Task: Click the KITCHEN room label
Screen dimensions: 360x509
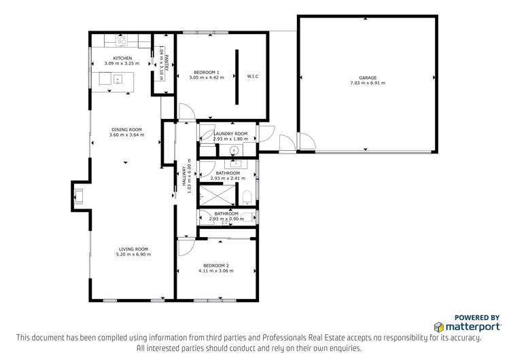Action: pyautogui.click(x=122, y=58)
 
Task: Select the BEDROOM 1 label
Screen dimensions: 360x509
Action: pyautogui.click(x=207, y=72)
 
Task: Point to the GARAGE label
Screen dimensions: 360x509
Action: pyautogui.click(x=367, y=78)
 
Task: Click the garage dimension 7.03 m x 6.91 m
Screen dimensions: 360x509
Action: pyautogui.click(x=367, y=84)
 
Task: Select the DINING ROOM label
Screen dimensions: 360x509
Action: pyautogui.click(x=126, y=129)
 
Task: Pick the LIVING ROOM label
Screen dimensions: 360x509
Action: pyautogui.click(x=133, y=249)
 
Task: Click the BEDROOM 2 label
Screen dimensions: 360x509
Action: pyautogui.click(x=215, y=265)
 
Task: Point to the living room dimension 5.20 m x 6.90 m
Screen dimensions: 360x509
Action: pyautogui.click(x=133, y=255)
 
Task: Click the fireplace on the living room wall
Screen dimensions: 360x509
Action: pyautogui.click(x=80, y=196)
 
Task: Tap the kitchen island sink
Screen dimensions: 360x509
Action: pyautogui.click(x=117, y=79)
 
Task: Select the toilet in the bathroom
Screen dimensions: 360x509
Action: pyautogui.click(x=248, y=198)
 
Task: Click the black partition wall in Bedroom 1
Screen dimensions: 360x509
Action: pyautogui.click(x=237, y=77)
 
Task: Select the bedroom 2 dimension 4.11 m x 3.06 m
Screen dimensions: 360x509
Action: pyautogui.click(x=215, y=270)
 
